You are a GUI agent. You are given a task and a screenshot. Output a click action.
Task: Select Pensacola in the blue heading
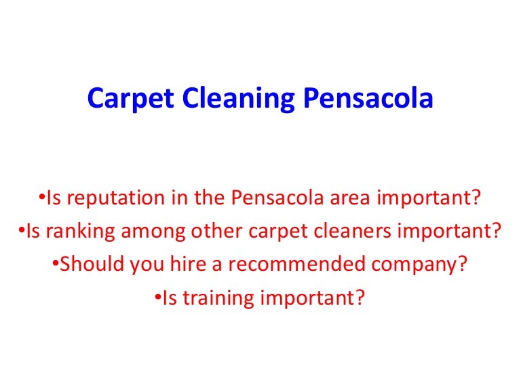click(x=368, y=100)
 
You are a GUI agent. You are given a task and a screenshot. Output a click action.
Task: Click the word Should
click(x=84, y=264)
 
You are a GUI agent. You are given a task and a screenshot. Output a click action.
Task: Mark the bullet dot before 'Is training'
click(x=157, y=296)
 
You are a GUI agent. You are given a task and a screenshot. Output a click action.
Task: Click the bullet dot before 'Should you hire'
click(x=56, y=263)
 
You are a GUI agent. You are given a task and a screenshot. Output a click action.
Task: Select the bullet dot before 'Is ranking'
click(x=22, y=231)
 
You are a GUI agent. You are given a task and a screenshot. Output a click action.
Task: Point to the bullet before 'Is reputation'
click(x=41, y=198)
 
